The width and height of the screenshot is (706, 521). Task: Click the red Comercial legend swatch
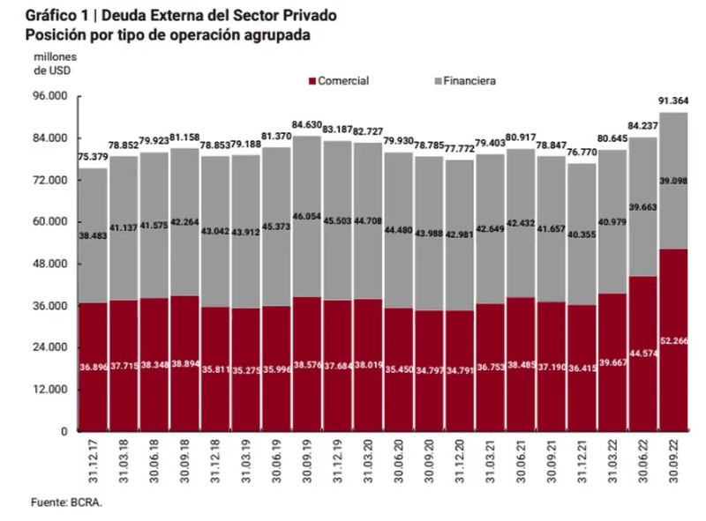(x=312, y=81)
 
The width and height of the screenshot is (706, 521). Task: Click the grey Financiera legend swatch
(x=438, y=81)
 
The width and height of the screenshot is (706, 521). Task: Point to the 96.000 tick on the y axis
(x=49, y=96)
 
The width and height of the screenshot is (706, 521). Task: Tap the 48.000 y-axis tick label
(x=49, y=264)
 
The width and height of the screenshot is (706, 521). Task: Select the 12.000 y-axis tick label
(x=49, y=390)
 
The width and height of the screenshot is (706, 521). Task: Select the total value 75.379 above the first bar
(x=93, y=157)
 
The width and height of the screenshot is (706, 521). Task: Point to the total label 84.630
(x=306, y=125)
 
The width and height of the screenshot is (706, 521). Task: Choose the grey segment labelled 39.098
(x=673, y=181)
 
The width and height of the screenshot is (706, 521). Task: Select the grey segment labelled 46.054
(x=306, y=216)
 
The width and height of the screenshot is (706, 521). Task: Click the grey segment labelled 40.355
(x=582, y=234)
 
